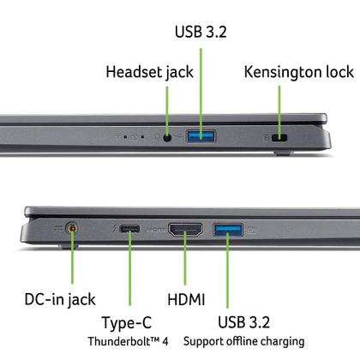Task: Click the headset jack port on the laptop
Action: pyautogui.click(x=166, y=135)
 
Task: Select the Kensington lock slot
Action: pyautogui.click(x=281, y=136)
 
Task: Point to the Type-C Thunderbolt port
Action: pyautogui.click(x=131, y=229)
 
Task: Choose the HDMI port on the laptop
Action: pyautogui.click(x=185, y=230)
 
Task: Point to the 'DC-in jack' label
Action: pyautogui.click(x=59, y=299)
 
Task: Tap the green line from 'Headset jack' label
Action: pyautogui.click(x=166, y=107)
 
